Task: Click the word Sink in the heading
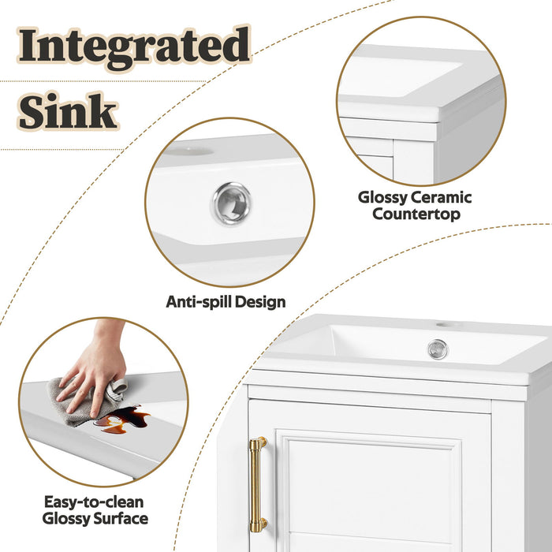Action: tap(69, 113)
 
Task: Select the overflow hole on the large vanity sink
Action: tap(438, 349)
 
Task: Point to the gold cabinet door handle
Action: tap(258, 483)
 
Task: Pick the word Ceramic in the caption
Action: tap(442, 197)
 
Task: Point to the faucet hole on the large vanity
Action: tap(449, 324)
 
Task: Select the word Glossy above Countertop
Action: tap(386, 197)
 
